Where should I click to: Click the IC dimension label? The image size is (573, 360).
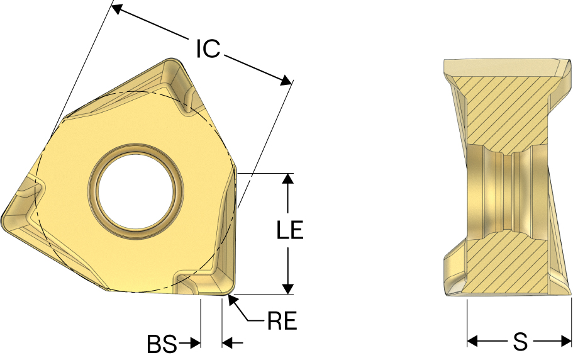208,48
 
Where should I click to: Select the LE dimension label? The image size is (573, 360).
290,230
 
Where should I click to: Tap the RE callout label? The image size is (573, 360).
282,321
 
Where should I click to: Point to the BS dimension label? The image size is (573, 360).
162,344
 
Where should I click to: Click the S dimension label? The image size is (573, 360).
520,342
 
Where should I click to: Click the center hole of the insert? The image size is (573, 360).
136,192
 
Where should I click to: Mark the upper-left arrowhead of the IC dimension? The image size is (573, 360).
116,9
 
